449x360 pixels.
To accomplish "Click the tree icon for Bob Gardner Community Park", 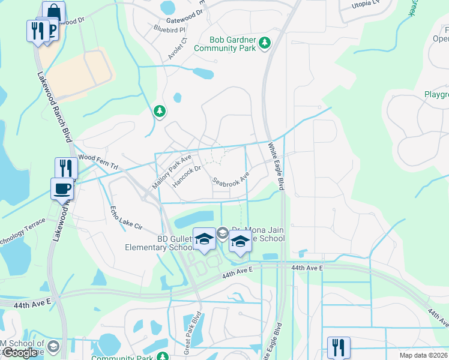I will [264, 43].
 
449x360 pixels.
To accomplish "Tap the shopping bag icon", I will [53, 12].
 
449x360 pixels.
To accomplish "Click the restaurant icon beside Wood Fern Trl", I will [66, 168].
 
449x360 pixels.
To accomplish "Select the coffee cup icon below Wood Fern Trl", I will [62, 188].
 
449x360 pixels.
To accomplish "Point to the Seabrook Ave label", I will [230, 180].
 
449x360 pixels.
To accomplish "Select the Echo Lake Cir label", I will [125, 219].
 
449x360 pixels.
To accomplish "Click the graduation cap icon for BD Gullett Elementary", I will [204, 239].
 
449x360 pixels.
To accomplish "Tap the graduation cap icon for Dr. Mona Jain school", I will [240, 241].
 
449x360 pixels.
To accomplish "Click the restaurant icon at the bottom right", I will [338, 347].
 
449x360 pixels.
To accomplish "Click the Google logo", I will [20, 353].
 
